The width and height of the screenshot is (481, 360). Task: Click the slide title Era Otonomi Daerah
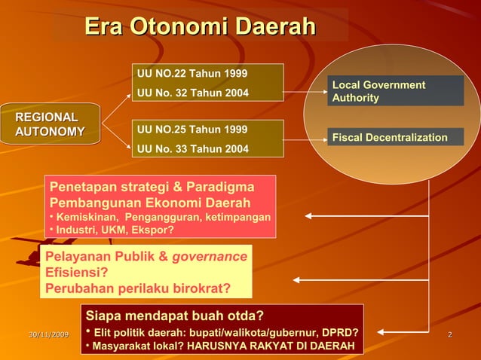(200, 27)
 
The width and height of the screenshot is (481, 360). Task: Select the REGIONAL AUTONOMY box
(51, 124)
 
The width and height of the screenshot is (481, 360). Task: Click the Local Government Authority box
(395, 91)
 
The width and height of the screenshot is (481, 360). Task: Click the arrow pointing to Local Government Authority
(305, 95)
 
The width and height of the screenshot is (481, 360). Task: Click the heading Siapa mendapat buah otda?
(175, 315)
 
